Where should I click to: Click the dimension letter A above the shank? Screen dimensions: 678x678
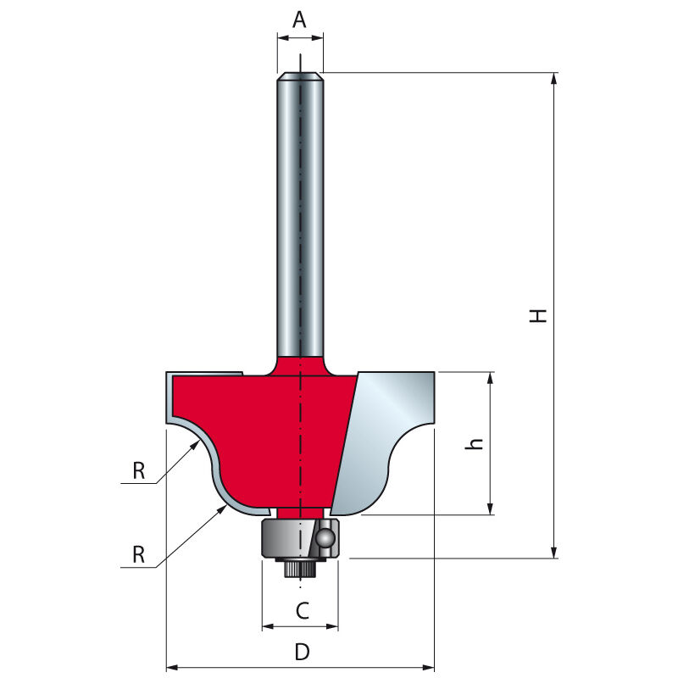299,19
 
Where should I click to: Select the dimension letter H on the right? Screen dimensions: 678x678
538,315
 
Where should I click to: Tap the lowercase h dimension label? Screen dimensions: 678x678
475,444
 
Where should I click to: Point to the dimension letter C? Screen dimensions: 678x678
303,611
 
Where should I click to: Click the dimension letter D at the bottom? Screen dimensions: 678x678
303,652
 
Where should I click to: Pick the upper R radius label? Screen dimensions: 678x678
139,471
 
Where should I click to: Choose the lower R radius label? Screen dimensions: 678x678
139,554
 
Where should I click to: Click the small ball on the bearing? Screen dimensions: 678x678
325,538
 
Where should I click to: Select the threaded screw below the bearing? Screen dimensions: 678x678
300,567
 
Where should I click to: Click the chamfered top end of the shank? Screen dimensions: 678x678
300,76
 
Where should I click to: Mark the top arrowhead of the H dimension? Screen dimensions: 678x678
554,78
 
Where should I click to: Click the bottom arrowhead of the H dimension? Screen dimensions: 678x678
554,553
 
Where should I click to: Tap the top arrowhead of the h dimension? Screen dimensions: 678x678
490,377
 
